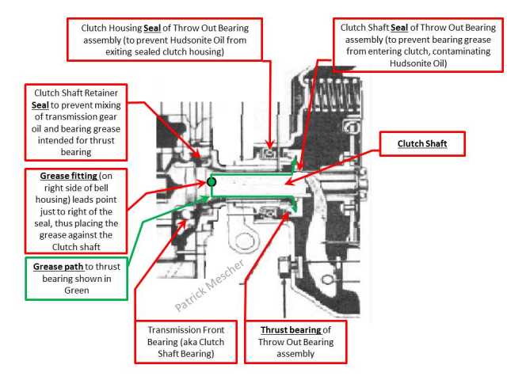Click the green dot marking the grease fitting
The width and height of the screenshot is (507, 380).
click(212, 182)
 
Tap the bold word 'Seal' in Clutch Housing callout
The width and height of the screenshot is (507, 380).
click(173, 27)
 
